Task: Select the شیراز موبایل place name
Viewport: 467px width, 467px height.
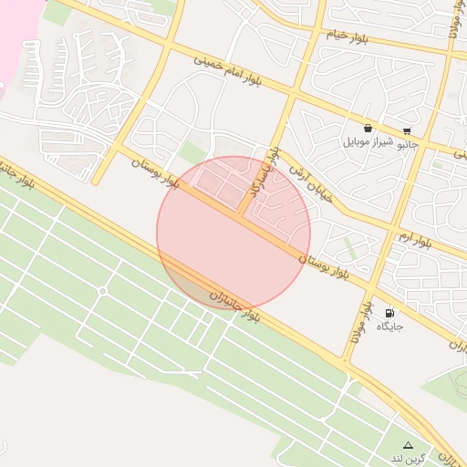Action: pos(368,142)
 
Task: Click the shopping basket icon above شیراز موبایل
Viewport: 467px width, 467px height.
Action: pos(368,129)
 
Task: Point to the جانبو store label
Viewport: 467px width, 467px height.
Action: pos(407,143)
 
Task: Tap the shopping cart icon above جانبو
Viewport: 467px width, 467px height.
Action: pos(407,130)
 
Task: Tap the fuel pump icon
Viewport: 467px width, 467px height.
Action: pos(390,312)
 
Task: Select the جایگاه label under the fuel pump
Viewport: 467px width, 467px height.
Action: pos(390,326)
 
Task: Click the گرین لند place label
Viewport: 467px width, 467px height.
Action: pos(407,456)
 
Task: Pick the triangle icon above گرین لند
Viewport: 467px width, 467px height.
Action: pos(408,444)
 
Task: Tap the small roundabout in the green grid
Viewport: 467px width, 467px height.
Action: pos(103,291)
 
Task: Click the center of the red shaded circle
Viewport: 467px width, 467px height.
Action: pos(233,233)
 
